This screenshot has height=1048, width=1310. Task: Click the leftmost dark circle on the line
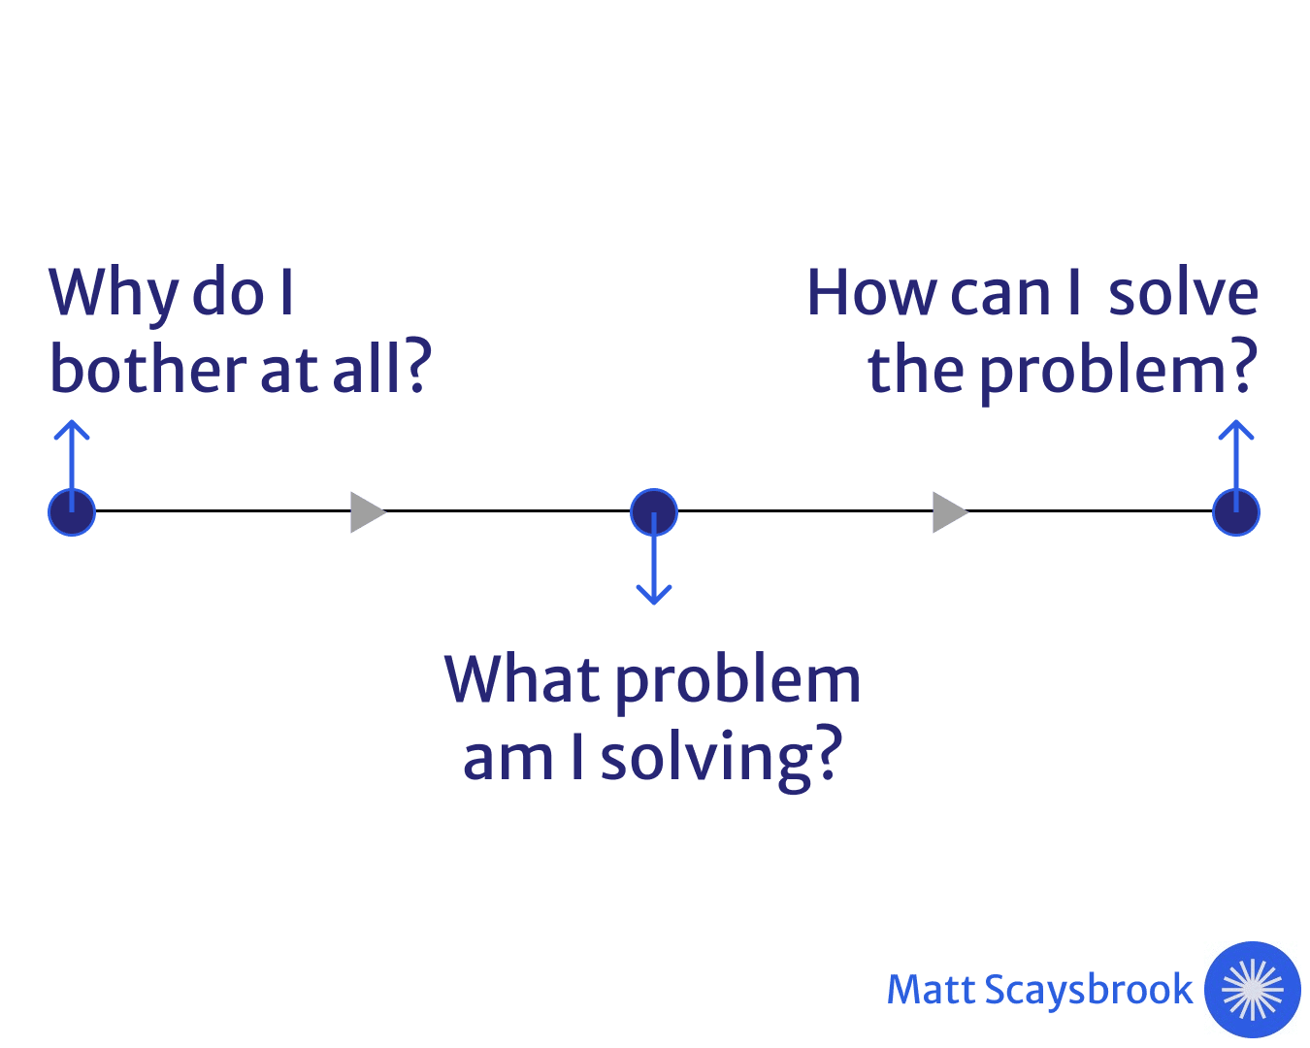(72, 512)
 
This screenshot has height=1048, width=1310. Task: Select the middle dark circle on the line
(654, 512)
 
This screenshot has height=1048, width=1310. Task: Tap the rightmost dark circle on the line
(1236, 512)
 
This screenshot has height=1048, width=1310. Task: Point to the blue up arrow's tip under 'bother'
(72, 421)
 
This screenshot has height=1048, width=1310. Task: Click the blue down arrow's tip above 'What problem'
(654, 605)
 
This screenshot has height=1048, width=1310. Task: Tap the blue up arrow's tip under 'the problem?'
(1236, 421)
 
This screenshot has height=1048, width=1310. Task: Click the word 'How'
(872, 293)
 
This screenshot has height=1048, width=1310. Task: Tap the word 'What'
(522, 679)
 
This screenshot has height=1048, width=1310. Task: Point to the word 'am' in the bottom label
(508, 761)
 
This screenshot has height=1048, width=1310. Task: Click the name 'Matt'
(932, 990)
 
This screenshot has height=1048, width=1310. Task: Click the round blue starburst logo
(1253, 990)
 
